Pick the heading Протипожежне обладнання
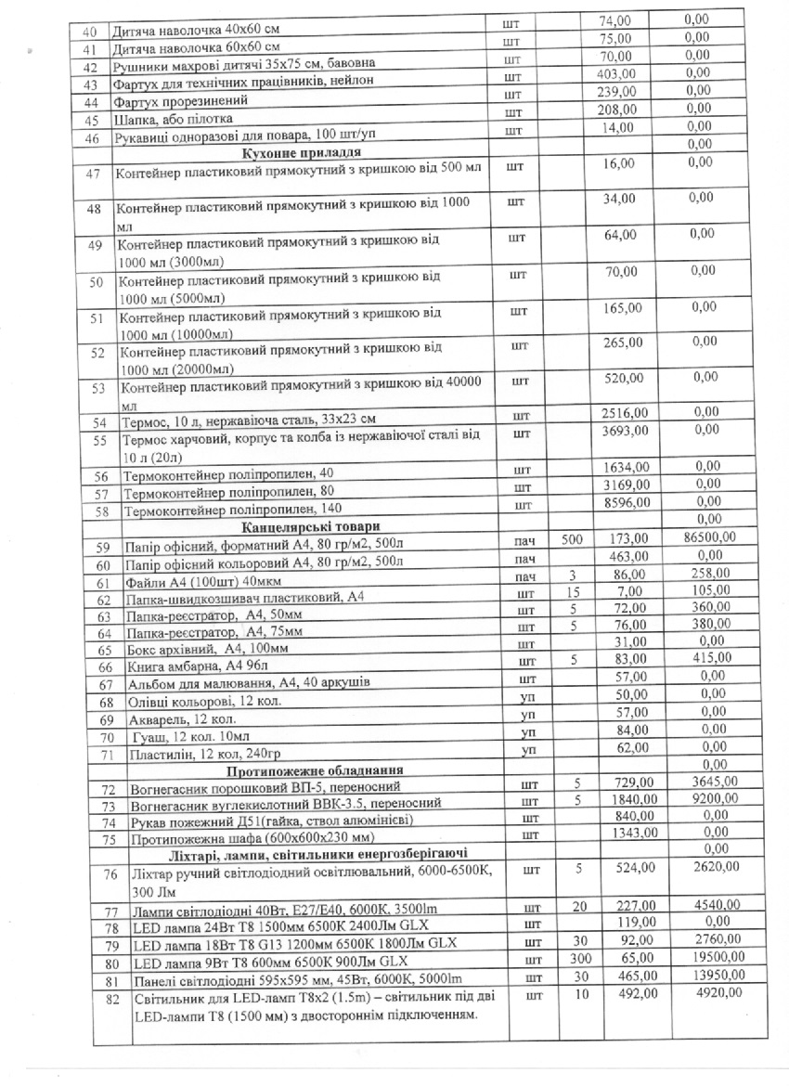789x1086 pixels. (300, 771)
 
